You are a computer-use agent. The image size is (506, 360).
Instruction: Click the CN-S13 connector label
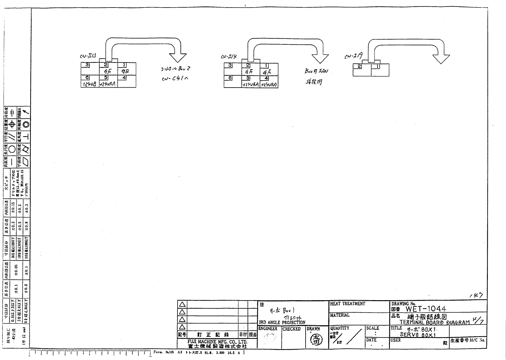coord(88,56)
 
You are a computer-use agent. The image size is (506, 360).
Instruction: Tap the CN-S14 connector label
coord(229,56)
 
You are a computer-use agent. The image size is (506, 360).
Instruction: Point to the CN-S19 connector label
coord(353,56)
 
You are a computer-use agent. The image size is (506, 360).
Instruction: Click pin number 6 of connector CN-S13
coord(87,78)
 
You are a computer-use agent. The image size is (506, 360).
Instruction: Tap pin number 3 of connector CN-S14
coord(230,65)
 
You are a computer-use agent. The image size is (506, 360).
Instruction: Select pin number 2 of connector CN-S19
coord(359,66)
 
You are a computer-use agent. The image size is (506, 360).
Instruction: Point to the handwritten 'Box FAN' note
coord(316,72)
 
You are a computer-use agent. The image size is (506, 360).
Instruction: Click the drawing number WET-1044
coord(426,309)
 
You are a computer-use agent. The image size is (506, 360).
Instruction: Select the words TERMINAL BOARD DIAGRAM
coord(434,322)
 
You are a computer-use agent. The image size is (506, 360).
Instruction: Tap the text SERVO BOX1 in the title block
coord(418,335)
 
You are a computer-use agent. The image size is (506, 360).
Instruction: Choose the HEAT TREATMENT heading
coord(348,304)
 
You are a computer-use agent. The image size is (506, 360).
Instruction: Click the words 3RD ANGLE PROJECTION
coord(282,322)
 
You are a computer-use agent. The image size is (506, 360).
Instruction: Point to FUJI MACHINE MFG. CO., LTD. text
coord(217,342)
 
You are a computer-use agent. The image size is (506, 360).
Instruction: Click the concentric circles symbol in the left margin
coord(27,124)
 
